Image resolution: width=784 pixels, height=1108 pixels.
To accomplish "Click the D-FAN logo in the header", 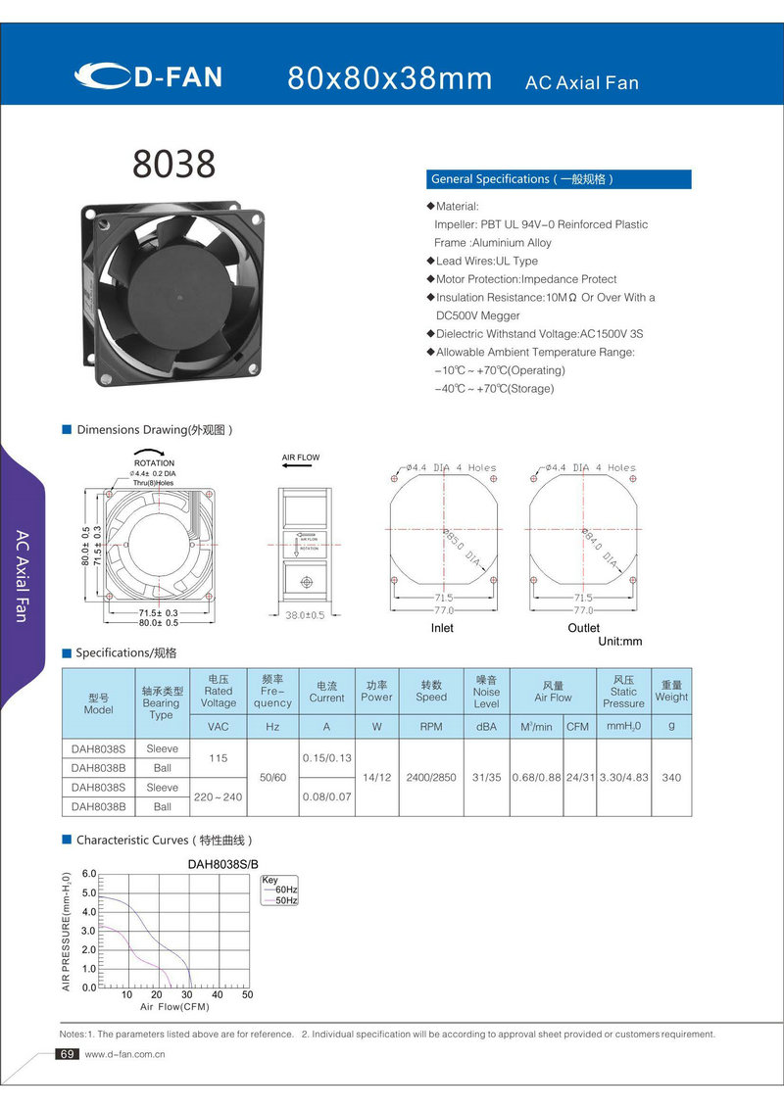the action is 149,76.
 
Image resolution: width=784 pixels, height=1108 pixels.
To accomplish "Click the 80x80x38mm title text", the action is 390,78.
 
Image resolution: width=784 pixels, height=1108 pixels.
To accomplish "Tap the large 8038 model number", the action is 174,165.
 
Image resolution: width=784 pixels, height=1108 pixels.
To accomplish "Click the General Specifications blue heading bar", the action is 559,179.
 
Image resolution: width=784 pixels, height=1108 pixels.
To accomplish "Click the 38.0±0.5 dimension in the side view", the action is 305,615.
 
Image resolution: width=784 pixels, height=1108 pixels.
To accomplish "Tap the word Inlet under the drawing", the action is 442,628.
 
